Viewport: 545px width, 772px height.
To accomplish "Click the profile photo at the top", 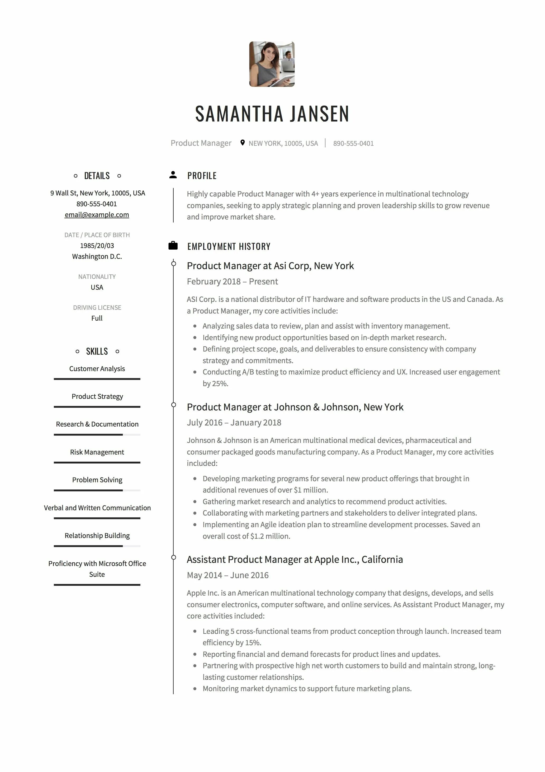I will [272, 64].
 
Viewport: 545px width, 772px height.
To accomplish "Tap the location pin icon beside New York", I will [242, 143].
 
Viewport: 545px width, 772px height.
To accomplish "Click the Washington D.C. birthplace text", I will [97, 256].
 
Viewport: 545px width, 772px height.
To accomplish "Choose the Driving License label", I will [97, 307].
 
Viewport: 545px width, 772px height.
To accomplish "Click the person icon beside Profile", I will [173, 175].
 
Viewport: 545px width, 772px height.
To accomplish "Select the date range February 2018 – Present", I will [232, 282].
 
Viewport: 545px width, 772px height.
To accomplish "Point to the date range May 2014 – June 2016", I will [228, 575].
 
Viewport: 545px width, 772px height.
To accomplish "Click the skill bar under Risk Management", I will [97, 463].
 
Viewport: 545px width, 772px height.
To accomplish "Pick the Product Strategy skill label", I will [97, 396].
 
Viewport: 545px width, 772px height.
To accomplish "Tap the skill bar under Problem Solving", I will [97, 490].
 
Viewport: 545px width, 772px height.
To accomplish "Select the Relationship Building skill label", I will [97, 535].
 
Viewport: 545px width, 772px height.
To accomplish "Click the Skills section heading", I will [97, 351].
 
